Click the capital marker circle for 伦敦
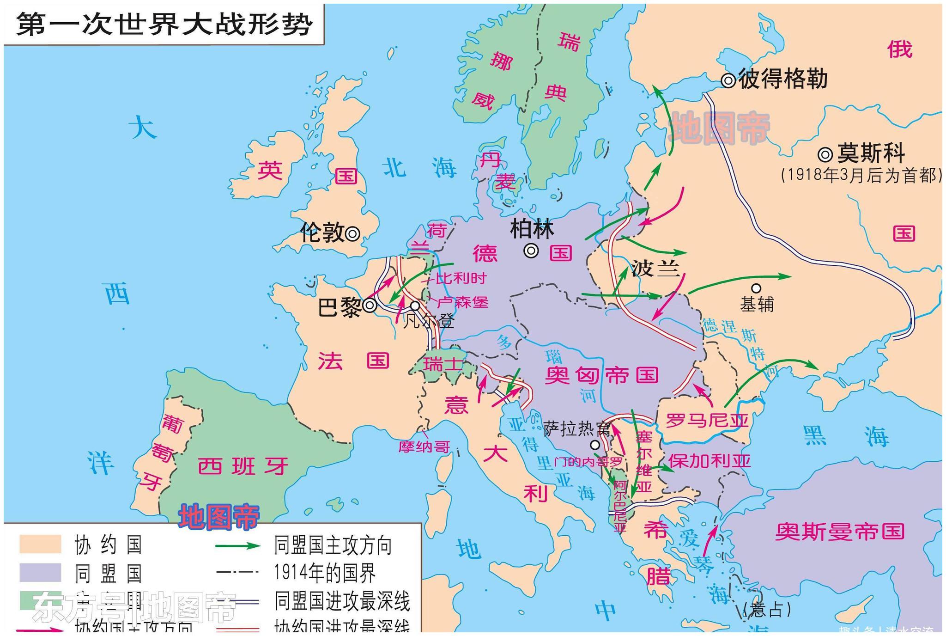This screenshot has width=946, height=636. point(352,234)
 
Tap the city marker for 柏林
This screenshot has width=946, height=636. point(531,251)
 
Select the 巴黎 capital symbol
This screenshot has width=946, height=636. point(370,306)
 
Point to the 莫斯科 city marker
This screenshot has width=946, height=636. point(825,154)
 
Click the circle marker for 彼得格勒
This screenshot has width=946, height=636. point(728,80)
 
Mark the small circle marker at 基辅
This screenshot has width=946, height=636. point(756,288)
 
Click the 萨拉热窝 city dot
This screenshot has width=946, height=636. point(595,445)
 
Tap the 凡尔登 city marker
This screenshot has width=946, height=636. point(415,306)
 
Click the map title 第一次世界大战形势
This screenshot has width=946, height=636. point(164,24)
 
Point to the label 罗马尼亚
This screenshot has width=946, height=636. point(707,421)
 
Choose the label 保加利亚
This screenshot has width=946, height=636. point(709,461)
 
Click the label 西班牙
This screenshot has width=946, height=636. point(243,466)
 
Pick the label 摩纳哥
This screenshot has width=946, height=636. point(424,447)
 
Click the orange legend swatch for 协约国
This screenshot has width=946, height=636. point(40,544)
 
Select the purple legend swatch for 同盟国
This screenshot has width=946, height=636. point(40,572)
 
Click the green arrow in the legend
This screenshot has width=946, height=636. point(238,545)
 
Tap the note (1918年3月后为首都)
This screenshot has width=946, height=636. point(861,175)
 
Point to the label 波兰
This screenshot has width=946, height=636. point(655,268)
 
